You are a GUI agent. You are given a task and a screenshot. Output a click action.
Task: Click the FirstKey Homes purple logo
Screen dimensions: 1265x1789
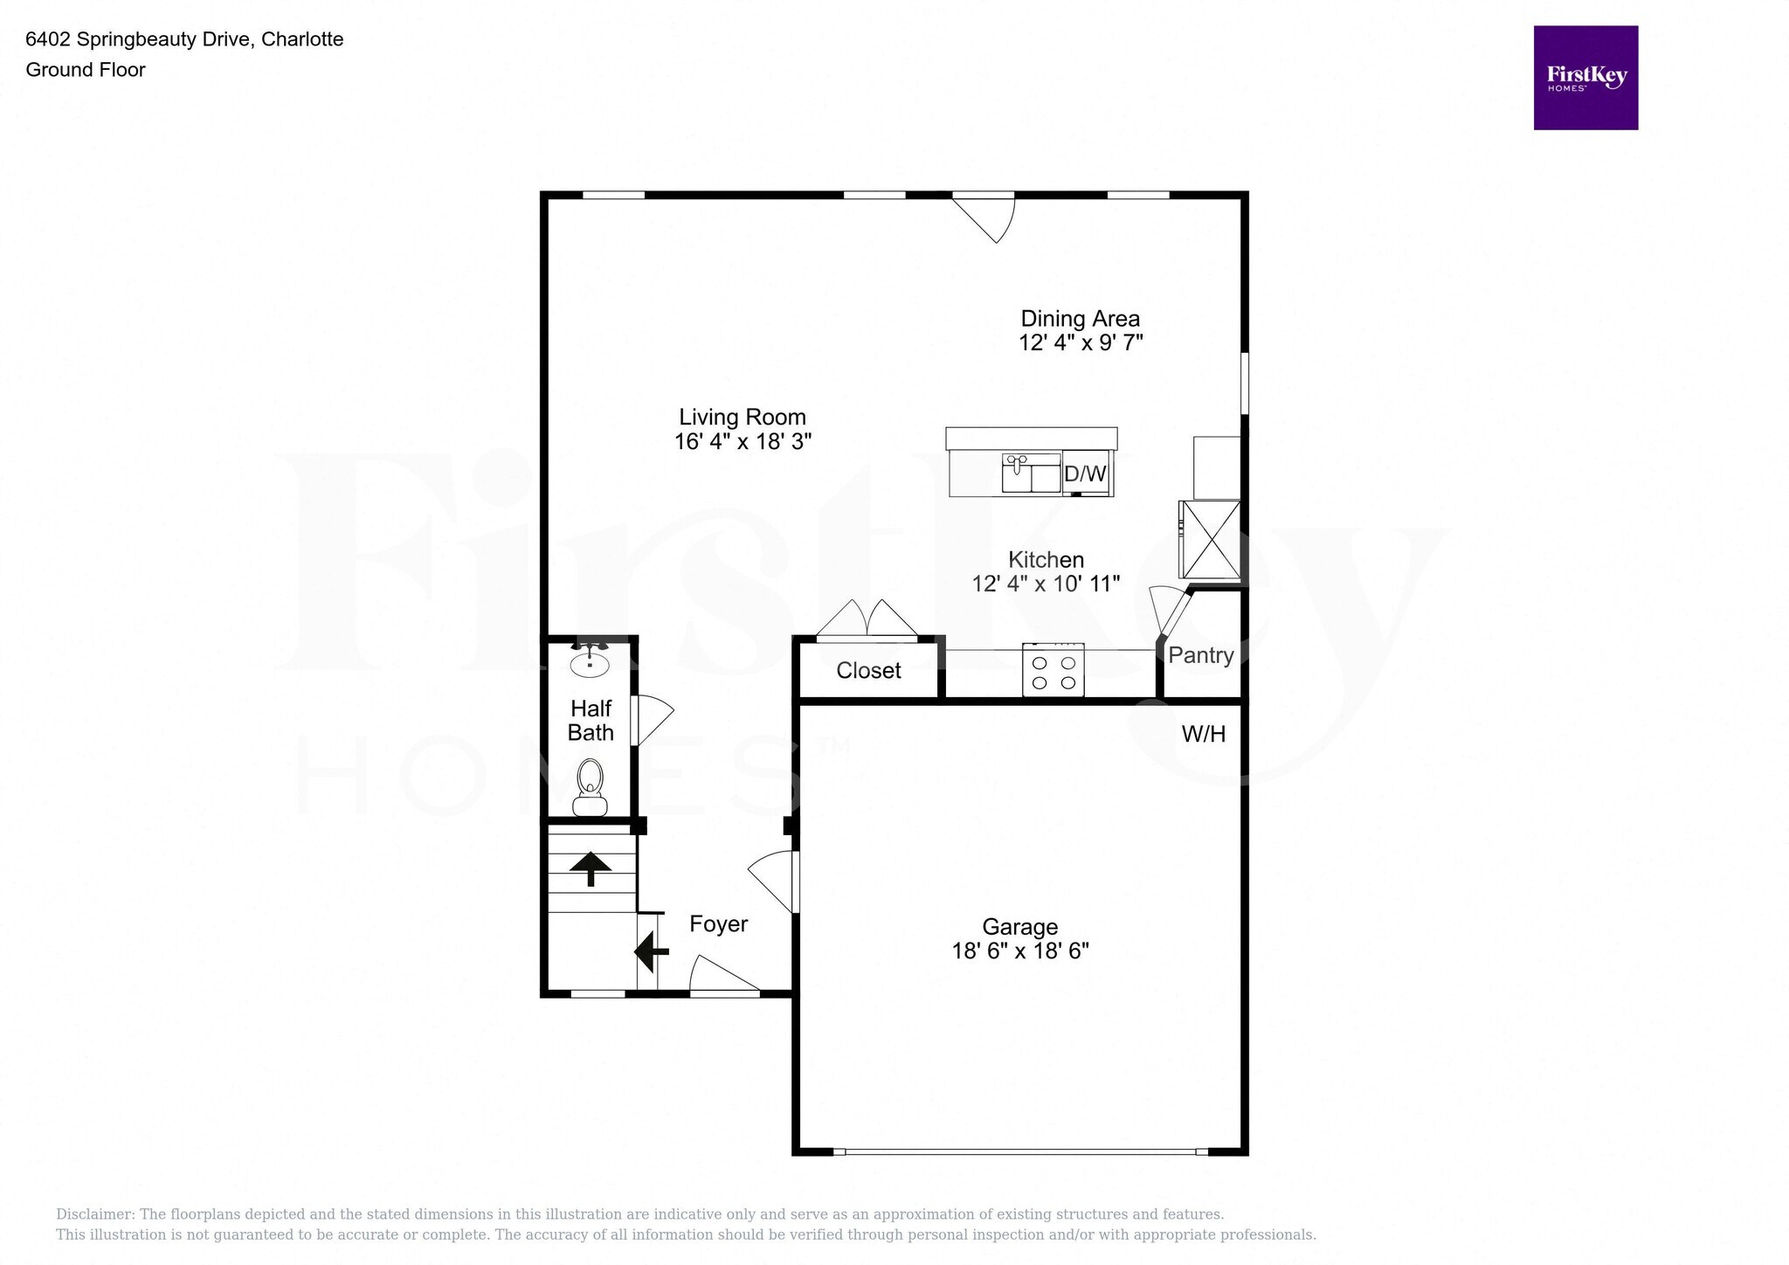coord(1585,78)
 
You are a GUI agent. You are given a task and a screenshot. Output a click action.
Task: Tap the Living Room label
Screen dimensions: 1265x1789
coord(743,418)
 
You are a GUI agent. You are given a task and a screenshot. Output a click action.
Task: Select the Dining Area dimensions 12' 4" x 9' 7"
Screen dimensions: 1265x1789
coord(1081,342)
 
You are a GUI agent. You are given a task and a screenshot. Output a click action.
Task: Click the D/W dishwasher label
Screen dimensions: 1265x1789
coord(1085,474)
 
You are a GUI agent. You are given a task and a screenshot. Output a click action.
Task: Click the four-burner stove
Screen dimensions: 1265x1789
coord(1053,671)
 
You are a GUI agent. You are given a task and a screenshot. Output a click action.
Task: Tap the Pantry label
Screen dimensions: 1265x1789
coord(1200,655)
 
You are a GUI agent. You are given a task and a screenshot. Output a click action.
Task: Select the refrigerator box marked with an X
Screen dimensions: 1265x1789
coord(1210,539)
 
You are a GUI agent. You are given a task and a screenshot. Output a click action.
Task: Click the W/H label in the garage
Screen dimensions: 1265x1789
coord(1203,735)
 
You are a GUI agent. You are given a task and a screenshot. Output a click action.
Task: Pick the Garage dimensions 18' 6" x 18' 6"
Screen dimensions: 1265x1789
coord(1019,950)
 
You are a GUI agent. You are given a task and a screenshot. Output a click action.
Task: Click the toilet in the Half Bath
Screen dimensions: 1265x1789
coord(591,785)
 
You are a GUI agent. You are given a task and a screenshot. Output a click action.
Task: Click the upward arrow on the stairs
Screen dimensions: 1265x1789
coord(591,868)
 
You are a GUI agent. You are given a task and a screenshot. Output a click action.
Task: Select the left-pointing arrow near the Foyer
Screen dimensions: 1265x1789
coord(650,951)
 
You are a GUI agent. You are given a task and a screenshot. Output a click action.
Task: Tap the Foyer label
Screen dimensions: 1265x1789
coord(718,924)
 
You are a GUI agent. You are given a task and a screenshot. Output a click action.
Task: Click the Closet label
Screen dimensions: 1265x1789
coord(868,670)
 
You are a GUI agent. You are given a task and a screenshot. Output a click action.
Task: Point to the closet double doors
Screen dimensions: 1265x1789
coord(867,620)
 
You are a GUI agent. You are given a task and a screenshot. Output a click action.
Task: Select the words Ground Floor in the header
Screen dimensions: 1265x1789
coord(86,70)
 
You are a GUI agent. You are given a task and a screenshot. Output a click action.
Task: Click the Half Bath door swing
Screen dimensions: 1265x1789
coord(651,720)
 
